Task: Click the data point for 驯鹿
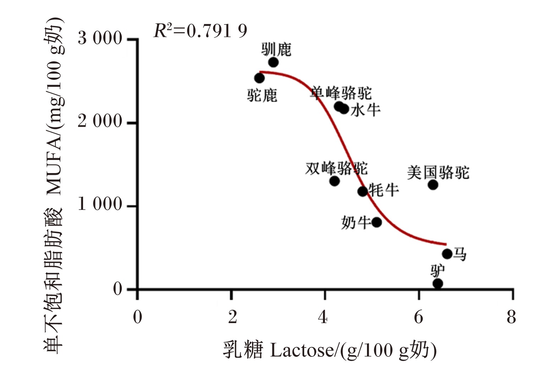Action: click(x=274, y=62)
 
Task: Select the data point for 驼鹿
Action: click(x=259, y=78)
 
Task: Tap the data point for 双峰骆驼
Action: click(x=334, y=181)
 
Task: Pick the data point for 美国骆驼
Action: click(x=433, y=185)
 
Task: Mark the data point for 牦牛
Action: click(x=363, y=191)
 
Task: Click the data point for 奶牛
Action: click(x=377, y=222)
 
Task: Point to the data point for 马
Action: click(x=447, y=254)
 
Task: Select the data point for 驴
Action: click(x=438, y=284)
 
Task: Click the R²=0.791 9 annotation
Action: click(x=201, y=31)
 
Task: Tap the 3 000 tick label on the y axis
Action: click(x=100, y=38)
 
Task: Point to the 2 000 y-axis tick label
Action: click(x=100, y=121)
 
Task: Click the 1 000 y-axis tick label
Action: click(x=100, y=204)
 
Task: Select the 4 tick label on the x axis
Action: click(x=323, y=318)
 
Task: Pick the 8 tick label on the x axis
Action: click(x=511, y=318)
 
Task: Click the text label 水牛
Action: click(x=365, y=110)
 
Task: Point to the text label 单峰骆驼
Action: click(x=341, y=93)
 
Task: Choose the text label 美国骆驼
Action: click(x=438, y=172)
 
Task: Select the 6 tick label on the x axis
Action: click(x=418, y=318)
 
